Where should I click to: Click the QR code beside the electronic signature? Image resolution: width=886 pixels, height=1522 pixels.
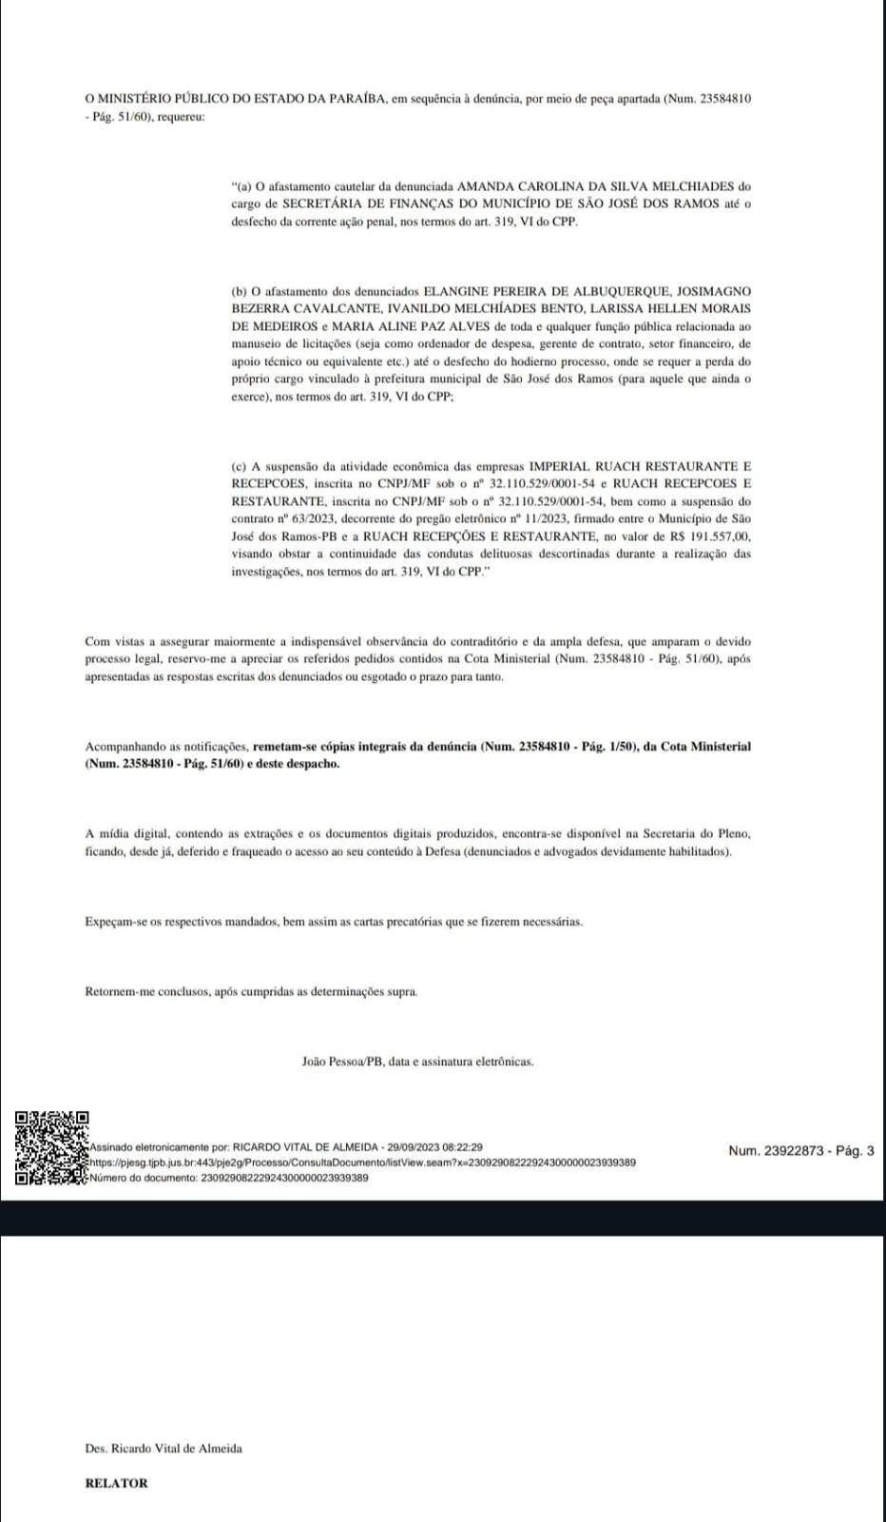[x=52, y=1148]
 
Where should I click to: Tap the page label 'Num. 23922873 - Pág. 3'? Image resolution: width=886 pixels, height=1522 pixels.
[x=800, y=1151]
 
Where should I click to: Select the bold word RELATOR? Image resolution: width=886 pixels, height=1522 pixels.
[x=116, y=1482]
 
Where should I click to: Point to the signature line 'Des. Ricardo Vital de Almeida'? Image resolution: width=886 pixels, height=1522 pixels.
[x=164, y=1448]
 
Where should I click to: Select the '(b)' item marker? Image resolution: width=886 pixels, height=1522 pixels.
[x=240, y=291]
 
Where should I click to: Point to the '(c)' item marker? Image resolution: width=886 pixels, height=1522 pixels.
[x=240, y=466]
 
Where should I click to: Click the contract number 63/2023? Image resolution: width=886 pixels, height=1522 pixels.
[x=303, y=518]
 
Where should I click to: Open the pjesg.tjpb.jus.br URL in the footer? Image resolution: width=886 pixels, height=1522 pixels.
[x=362, y=1162]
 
